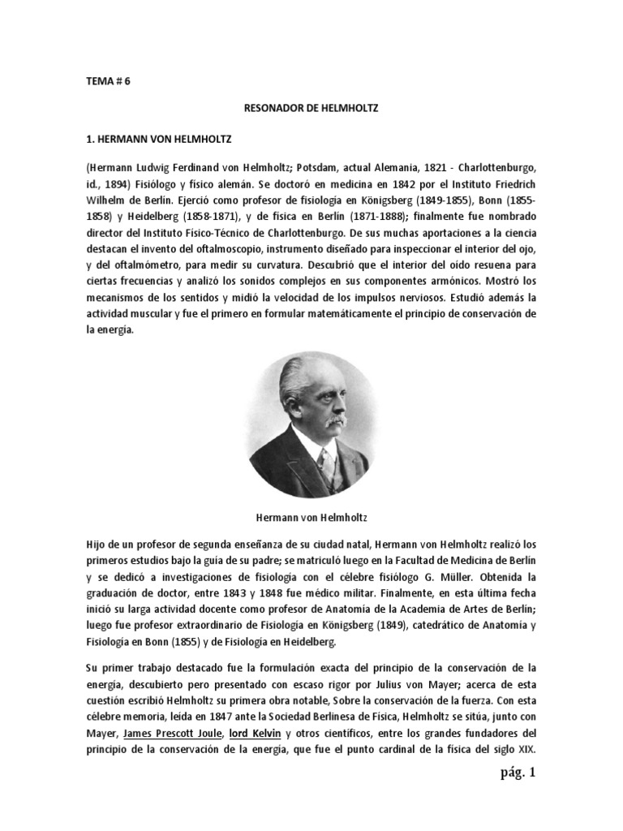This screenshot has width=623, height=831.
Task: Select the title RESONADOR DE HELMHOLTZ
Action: point(311,106)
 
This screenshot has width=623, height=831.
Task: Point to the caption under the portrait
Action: point(311,515)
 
